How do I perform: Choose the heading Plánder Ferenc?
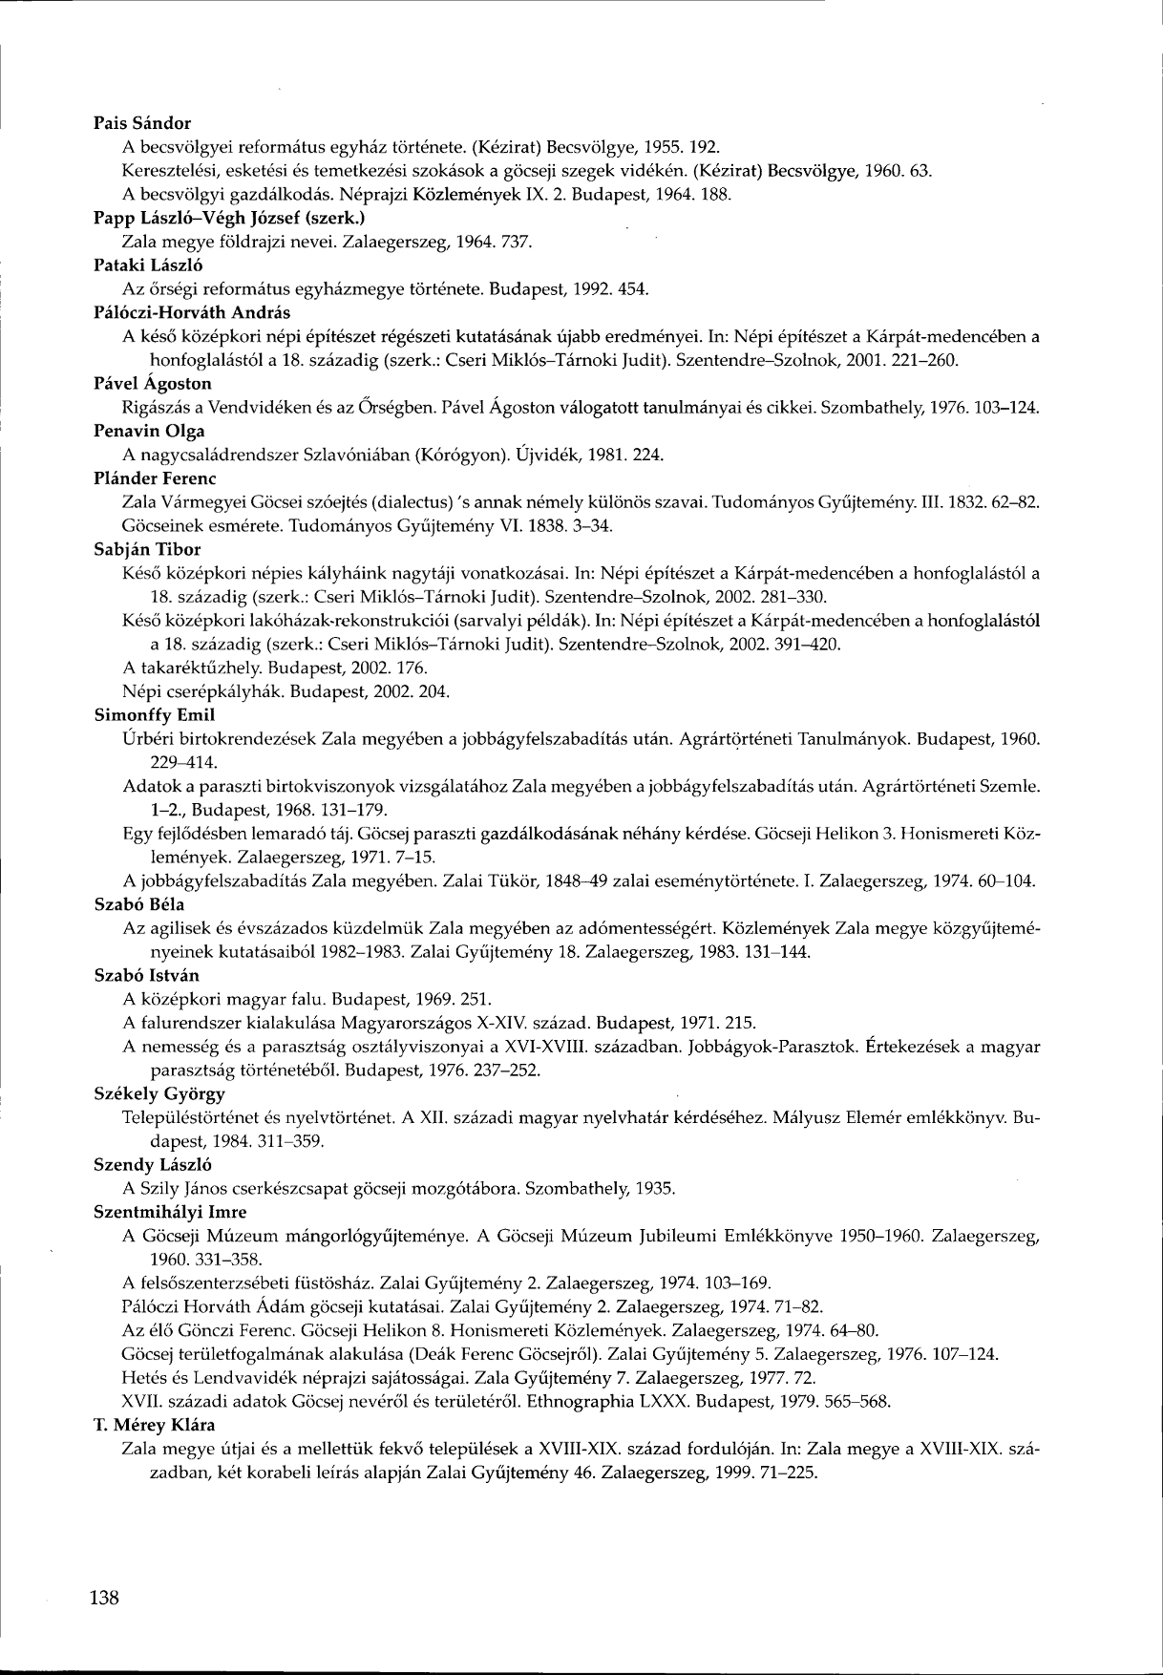pyautogui.click(x=155, y=477)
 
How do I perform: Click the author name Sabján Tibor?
pyautogui.click(x=147, y=549)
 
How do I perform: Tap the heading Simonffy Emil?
pyautogui.click(x=154, y=714)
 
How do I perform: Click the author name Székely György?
pyautogui.click(x=159, y=1093)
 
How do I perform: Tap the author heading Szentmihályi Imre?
pyautogui.click(x=170, y=1212)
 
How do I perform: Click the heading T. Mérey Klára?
pyautogui.click(x=154, y=1425)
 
